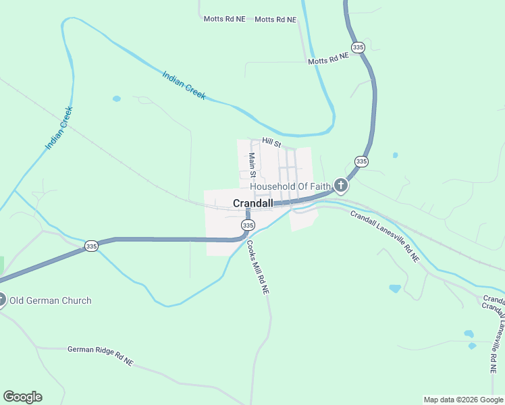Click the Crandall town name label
coord(253,203)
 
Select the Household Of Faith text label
coord(290,186)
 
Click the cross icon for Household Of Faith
coord(341,185)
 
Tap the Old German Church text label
coord(51,300)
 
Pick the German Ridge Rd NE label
coord(100,356)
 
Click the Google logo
coord(22,397)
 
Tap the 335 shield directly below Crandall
coord(248,225)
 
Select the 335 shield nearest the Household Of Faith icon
coord(361,161)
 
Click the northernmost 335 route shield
coord(358,47)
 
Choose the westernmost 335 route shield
coord(92,246)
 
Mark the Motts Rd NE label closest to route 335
coord(328,60)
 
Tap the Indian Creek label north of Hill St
coord(184,85)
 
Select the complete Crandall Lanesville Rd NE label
coord(384,236)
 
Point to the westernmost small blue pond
coord(117,99)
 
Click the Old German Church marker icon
coord(2,300)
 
